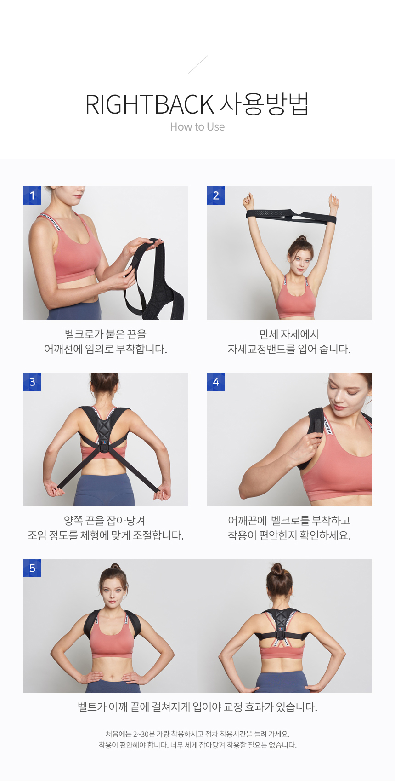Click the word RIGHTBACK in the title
click(x=149, y=104)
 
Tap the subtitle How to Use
click(x=197, y=127)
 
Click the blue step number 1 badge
click(x=32, y=195)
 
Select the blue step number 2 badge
click(x=216, y=195)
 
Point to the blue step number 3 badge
click(x=32, y=381)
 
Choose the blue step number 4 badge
click(x=216, y=381)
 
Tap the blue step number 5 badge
click(x=32, y=568)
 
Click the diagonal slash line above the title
click(x=198, y=64)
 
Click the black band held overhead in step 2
click(x=291, y=216)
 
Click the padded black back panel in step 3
click(x=103, y=432)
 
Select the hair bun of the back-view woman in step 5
click(x=277, y=569)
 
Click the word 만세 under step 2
click(x=269, y=334)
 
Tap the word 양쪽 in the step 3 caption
click(x=73, y=521)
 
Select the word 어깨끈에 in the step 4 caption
click(x=248, y=521)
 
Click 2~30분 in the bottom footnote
click(x=144, y=734)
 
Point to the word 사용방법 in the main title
click(x=264, y=104)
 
